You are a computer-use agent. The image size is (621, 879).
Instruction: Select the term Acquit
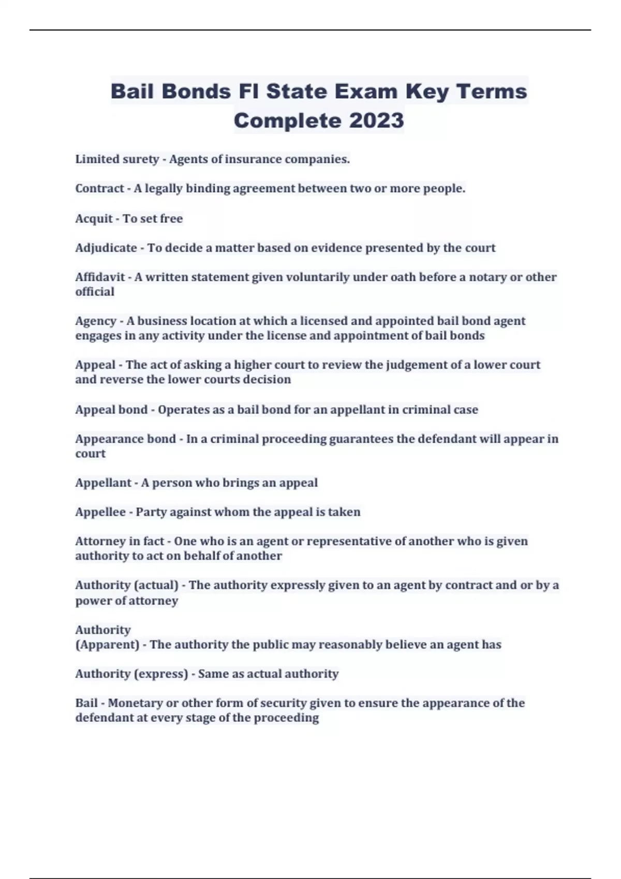94,219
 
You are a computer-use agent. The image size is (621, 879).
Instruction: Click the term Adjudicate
106,248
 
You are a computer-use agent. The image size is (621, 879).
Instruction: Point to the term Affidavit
100,277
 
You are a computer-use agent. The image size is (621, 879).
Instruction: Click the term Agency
96,321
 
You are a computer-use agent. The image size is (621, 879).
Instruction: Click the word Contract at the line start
99,189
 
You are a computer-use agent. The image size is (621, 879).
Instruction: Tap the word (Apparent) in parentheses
107,645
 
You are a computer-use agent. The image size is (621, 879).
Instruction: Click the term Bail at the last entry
86,703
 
